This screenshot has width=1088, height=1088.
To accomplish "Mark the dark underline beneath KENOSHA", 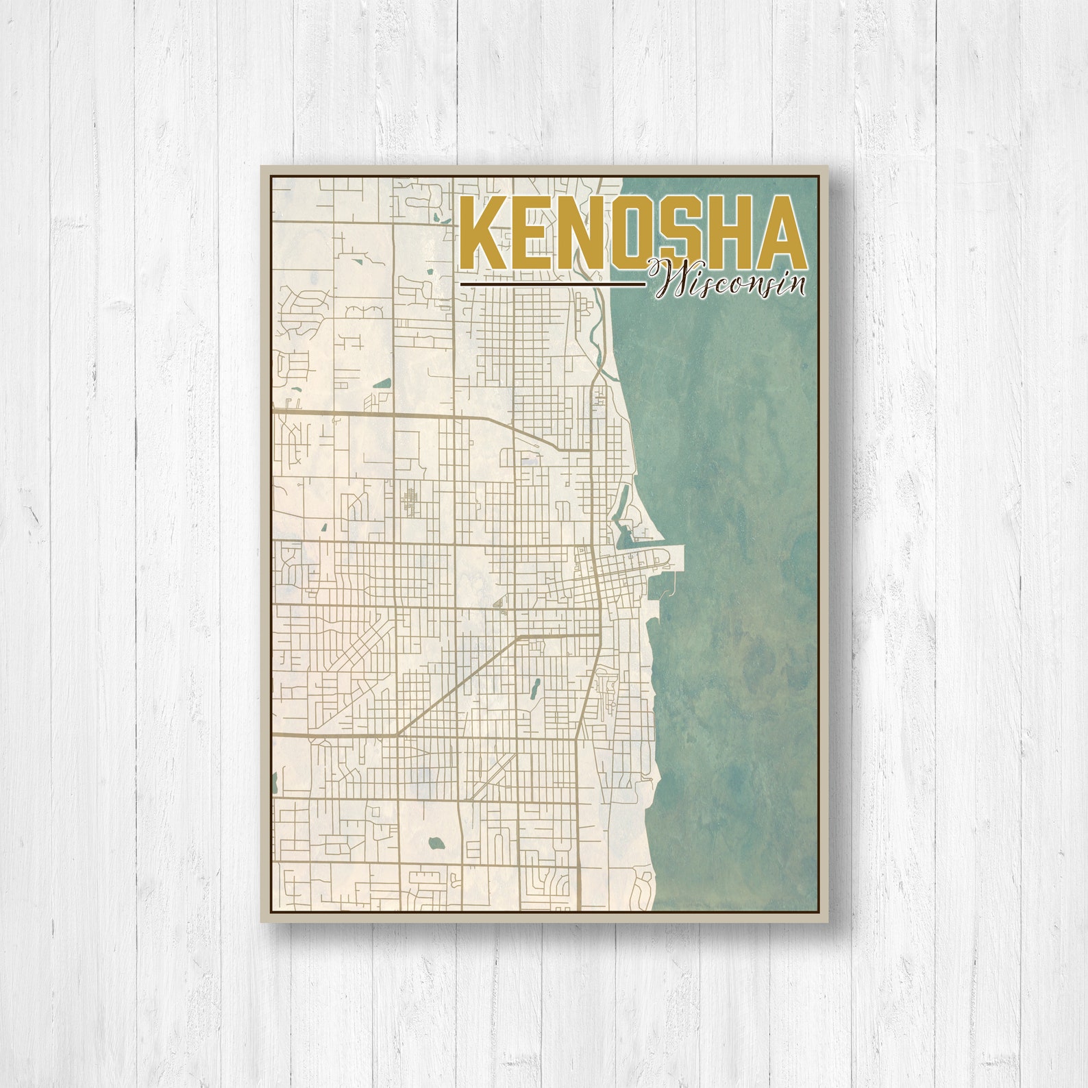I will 552,283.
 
